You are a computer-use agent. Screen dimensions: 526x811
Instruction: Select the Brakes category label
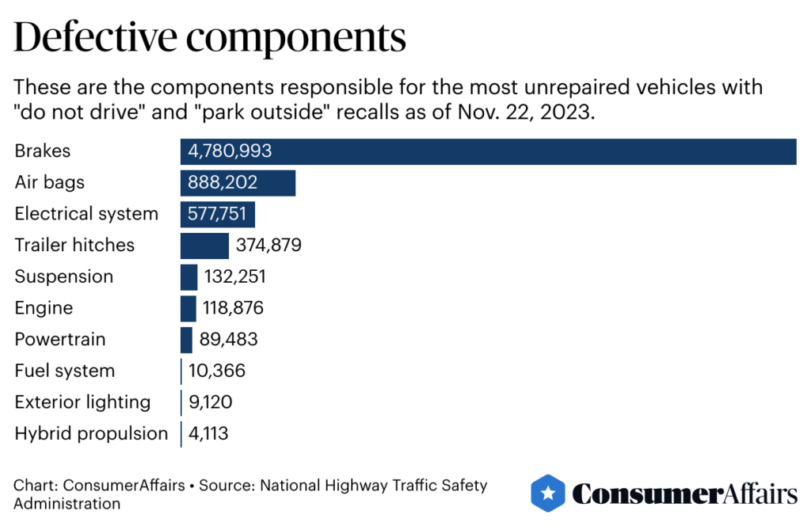tap(43, 151)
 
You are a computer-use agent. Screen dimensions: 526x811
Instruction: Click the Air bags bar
tap(238, 183)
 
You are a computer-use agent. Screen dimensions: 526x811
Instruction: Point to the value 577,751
tap(217, 214)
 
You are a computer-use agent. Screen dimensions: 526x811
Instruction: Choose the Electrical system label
tap(86, 214)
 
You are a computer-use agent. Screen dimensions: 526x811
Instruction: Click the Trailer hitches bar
tap(204, 246)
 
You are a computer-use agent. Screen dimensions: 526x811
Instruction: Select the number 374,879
tap(268, 246)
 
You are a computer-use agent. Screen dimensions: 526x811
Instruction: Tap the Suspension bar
tap(188, 276)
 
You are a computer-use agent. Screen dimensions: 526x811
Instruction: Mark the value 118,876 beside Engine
tap(234, 308)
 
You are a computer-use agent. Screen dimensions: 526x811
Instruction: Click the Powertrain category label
tap(60, 340)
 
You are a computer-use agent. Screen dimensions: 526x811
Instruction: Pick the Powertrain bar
tap(186, 340)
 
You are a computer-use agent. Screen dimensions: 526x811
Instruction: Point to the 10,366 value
tap(217, 371)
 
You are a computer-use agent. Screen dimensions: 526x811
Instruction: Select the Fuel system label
tap(65, 371)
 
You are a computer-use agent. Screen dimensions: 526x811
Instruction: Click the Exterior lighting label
tap(82, 402)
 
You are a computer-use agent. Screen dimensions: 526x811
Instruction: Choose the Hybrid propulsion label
tap(91, 433)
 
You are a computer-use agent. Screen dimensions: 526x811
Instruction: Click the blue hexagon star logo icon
tap(547, 494)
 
